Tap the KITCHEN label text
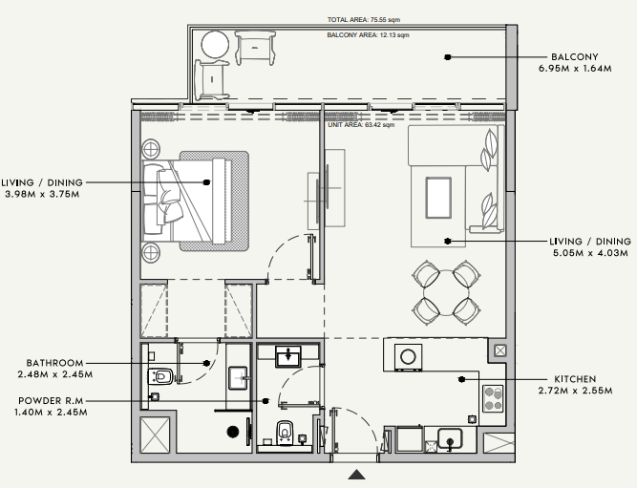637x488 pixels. pyautogui.click(x=575, y=379)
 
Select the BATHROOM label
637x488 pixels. pyautogui.click(x=54, y=363)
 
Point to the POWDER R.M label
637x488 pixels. pyautogui.click(x=51, y=401)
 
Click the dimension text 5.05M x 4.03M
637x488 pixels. pyautogui.click(x=590, y=253)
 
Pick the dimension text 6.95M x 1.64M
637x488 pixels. pyautogui.click(x=575, y=68)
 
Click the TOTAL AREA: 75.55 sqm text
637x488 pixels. pyautogui.click(x=364, y=19)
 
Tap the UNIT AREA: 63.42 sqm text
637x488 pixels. pyautogui.click(x=361, y=125)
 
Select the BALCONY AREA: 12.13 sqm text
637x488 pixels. pyautogui.click(x=368, y=35)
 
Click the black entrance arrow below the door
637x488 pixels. pyautogui.click(x=356, y=475)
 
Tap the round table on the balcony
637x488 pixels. pyautogui.click(x=215, y=44)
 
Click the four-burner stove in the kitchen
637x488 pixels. pyautogui.click(x=493, y=398)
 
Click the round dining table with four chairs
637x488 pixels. pyautogui.click(x=446, y=292)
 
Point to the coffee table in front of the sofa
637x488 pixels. pyautogui.click(x=438, y=198)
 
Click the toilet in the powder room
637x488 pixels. pyautogui.click(x=286, y=432)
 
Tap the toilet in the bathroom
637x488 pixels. pyautogui.click(x=160, y=376)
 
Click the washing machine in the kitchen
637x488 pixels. pyautogui.click(x=409, y=357)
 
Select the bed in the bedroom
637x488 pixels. pyautogui.click(x=187, y=202)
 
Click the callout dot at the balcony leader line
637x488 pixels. pyautogui.click(x=448, y=57)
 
